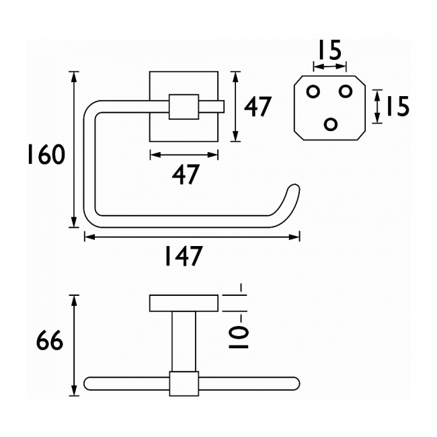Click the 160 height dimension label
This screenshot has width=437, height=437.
[x=46, y=155]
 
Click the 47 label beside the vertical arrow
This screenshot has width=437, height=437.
[x=257, y=107]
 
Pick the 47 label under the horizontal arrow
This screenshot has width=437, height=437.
[x=186, y=175]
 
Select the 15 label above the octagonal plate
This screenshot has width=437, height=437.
[x=329, y=51]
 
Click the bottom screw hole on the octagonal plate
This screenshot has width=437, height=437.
[x=331, y=124]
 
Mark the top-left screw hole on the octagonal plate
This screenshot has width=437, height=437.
[x=313, y=91]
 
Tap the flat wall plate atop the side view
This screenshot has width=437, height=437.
[x=184, y=304]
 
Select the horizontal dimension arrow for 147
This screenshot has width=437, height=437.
[x=192, y=236]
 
